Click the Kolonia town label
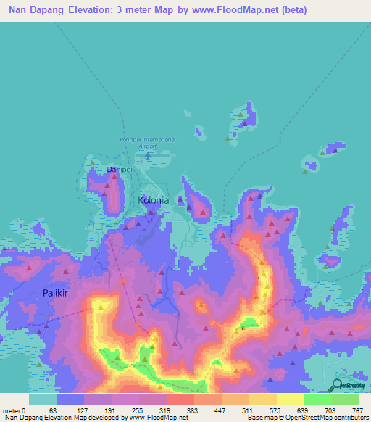(x=154, y=199)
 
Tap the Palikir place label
(x=49, y=294)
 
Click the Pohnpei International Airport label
(x=148, y=142)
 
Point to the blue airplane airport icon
(x=148, y=154)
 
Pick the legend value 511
(x=249, y=410)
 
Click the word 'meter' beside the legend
(x=12, y=410)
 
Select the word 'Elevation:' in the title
(x=97, y=10)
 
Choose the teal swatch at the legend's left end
(x=43, y=400)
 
